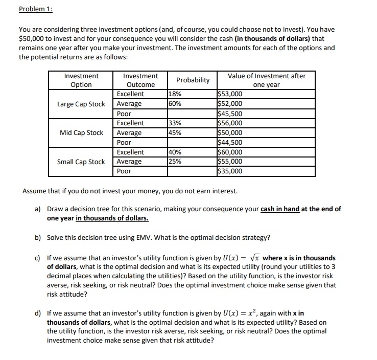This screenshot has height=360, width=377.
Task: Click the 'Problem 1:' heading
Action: (x=35, y=9)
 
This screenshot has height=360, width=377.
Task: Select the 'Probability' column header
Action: (x=193, y=80)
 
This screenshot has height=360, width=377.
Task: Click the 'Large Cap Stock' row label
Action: (x=81, y=104)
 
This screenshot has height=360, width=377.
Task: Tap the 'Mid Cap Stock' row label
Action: (x=81, y=132)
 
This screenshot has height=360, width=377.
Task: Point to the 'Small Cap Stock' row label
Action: (x=81, y=162)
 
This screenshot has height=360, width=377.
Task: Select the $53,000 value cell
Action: (x=230, y=94)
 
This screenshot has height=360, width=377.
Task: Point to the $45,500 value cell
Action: (x=230, y=114)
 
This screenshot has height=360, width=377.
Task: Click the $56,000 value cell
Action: (x=230, y=123)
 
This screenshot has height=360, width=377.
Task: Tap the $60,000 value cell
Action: (x=230, y=152)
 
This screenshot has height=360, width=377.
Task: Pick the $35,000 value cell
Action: (x=230, y=171)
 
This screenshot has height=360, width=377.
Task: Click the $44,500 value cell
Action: (x=230, y=143)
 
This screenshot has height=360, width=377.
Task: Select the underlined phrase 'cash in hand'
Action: (x=280, y=209)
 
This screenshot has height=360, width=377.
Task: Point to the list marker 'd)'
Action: (x=38, y=313)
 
